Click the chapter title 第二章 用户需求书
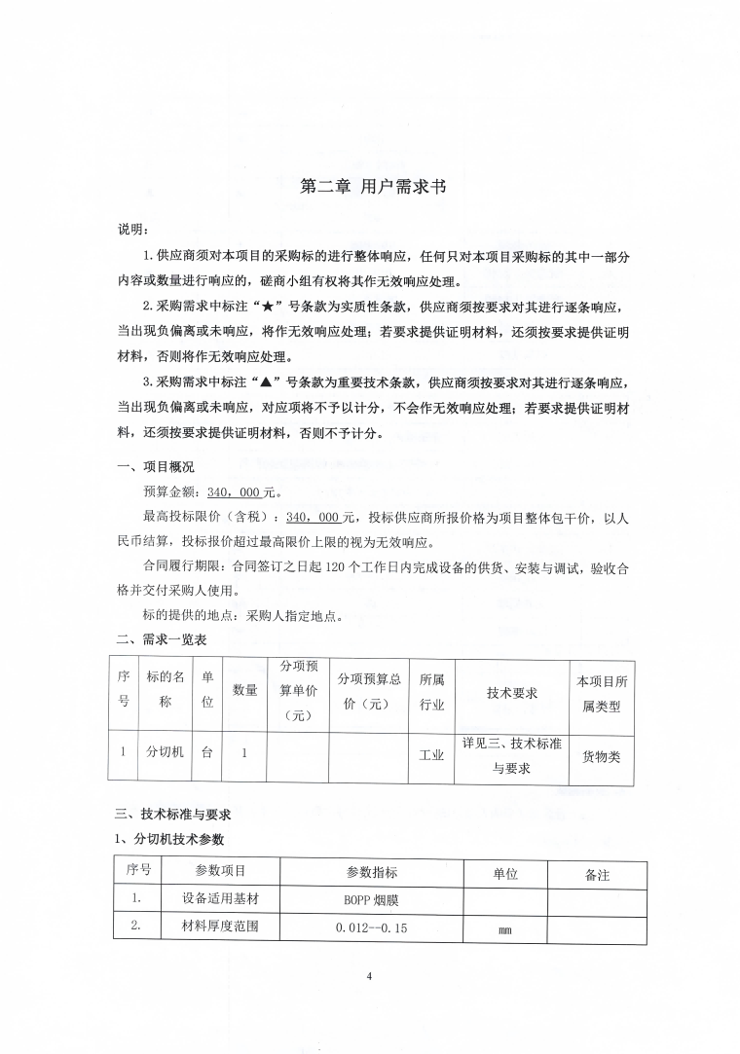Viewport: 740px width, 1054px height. pyautogui.click(x=369, y=188)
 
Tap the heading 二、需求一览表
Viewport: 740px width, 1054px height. pyautogui.click(x=161, y=639)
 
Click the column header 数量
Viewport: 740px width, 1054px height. pyautogui.click(x=244, y=690)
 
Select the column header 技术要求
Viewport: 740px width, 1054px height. pyautogui.click(x=512, y=692)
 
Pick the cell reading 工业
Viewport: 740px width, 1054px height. pyautogui.click(x=431, y=755)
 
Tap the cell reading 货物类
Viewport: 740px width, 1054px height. pyautogui.click(x=601, y=755)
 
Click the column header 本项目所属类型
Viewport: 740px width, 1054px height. pyautogui.click(x=601, y=692)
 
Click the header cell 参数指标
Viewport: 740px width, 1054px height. pyautogui.click(x=371, y=873)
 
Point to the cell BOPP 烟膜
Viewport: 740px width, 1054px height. pyautogui.click(x=371, y=901)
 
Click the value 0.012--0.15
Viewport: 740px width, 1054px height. pyautogui.click(x=371, y=928)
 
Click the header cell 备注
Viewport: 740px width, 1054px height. pyautogui.click(x=597, y=875)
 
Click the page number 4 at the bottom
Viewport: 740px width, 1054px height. pyautogui.click(x=370, y=976)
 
